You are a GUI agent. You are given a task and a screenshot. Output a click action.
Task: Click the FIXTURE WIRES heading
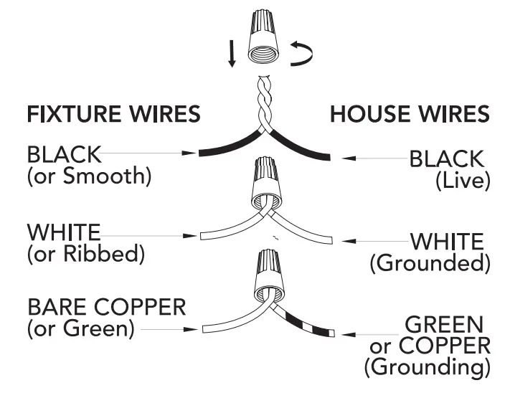(113, 114)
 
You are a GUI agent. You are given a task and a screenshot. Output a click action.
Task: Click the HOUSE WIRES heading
(410, 114)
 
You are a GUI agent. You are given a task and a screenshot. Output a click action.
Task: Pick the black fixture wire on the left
(226, 148)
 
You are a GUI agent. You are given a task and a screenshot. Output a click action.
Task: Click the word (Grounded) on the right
(430, 263)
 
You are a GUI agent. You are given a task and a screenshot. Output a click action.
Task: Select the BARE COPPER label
(105, 308)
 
